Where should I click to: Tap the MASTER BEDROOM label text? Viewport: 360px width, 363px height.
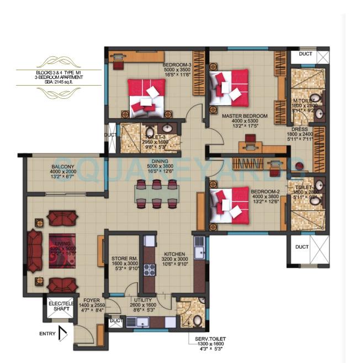pos(245,116)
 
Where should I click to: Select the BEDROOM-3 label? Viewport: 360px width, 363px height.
pos(176,65)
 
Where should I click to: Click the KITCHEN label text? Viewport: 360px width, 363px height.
pos(176,251)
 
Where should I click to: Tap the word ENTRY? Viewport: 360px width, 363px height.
pos(47,334)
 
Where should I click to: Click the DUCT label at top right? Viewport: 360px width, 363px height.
pos(305,55)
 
